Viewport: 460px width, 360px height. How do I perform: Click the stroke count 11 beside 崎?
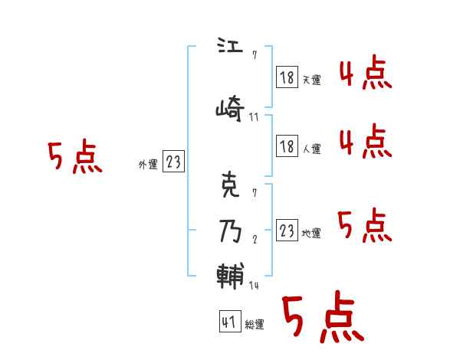pyautogui.click(x=254, y=117)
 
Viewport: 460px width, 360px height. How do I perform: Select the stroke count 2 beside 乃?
pyautogui.click(x=254, y=239)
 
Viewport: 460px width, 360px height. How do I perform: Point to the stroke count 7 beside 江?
pyautogui.click(x=254, y=56)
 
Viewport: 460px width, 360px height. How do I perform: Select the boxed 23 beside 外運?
pyautogui.click(x=173, y=162)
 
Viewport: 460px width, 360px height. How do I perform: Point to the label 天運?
pyautogui.click(x=311, y=80)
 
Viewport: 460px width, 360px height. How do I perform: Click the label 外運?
pyautogui.click(x=147, y=164)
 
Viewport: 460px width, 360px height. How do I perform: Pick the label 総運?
pyautogui.click(x=254, y=325)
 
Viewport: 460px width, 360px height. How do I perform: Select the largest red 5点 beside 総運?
pyautogui.click(x=322, y=317)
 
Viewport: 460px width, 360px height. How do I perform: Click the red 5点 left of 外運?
pyautogui.click(x=74, y=158)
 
